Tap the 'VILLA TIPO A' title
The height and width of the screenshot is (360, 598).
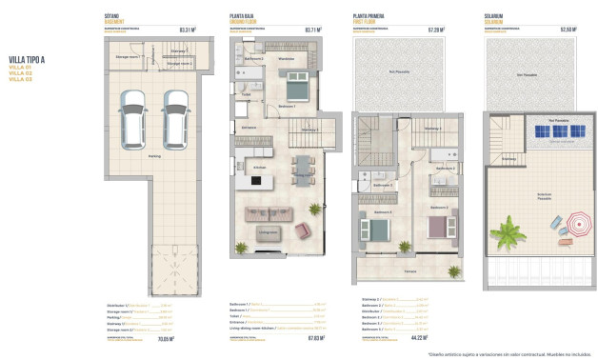(29, 59)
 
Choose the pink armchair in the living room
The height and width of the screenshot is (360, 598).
(304, 230)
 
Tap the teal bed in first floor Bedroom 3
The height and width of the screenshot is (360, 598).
(375, 230)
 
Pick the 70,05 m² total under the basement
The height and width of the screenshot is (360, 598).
(188, 337)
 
